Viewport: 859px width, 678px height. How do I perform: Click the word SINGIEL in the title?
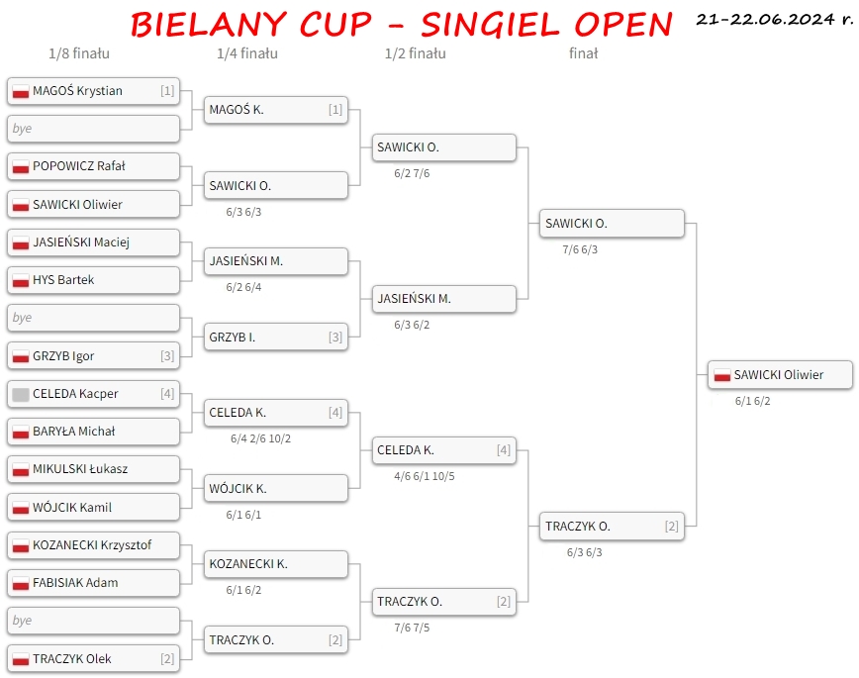coord(490,24)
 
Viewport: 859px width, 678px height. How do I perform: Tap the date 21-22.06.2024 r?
coord(775,19)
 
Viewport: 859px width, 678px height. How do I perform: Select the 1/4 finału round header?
coord(247,53)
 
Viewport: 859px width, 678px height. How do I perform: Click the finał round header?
coord(584,53)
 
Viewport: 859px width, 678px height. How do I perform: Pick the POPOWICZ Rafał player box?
coord(93,166)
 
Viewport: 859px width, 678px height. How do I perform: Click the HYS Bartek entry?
coord(93,280)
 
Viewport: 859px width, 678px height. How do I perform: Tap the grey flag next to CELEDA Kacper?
coord(20,395)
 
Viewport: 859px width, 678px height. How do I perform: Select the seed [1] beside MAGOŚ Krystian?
coord(167,90)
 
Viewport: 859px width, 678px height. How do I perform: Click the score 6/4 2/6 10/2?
coord(261,438)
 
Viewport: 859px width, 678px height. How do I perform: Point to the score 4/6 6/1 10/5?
coord(424,476)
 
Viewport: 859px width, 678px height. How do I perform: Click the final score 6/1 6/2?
coord(753,401)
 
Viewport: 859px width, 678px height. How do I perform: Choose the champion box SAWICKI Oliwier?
coord(780,375)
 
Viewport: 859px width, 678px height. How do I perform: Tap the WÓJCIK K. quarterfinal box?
coord(276,488)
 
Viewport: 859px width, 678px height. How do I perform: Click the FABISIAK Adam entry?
coord(93,583)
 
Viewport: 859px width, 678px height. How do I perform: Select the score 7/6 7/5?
coord(412,628)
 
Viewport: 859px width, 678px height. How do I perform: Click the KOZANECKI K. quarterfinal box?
coord(276,564)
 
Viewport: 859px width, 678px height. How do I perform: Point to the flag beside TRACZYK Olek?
coord(20,659)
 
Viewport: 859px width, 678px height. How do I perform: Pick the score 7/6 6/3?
coord(580,250)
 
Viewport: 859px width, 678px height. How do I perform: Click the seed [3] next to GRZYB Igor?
coord(167,355)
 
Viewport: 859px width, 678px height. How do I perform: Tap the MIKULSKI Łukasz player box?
coord(93,469)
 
